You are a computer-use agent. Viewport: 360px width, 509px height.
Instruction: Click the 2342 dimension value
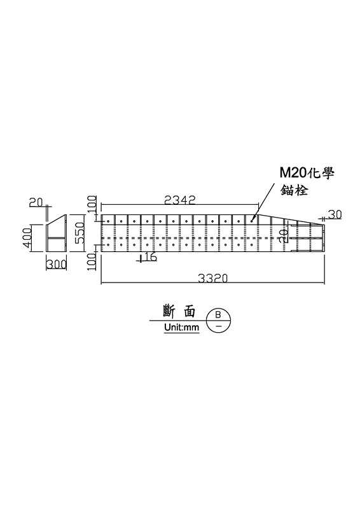click(x=180, y=200)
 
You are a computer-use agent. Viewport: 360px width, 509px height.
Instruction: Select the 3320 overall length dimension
click(x=212, y=278)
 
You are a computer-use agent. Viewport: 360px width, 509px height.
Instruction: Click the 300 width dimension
click(x=57, y=265)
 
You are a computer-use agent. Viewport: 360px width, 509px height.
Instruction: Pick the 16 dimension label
click(x=149, y=257)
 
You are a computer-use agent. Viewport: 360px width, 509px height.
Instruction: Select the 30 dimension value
click(x=335, y=214)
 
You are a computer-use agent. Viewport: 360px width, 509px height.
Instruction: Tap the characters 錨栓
click(x=294, y=190)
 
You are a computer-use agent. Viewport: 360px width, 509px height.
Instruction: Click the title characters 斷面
click(x=179, y=311)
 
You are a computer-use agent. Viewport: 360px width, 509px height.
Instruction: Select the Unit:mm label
click(x=181, y=327)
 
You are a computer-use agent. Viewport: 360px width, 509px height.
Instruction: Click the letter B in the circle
click(x=218, y=314)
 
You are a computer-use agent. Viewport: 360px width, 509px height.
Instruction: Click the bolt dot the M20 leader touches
click(x=252, y=221)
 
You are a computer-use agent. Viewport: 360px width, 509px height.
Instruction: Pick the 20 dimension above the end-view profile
click(x=36, y=202)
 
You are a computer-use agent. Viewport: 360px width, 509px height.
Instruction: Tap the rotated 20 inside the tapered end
click(x=284, y=235)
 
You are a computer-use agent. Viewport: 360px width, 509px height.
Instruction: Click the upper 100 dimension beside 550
click(x=92, y=204)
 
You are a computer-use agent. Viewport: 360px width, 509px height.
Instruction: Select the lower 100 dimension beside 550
click(x=92, y=261)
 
